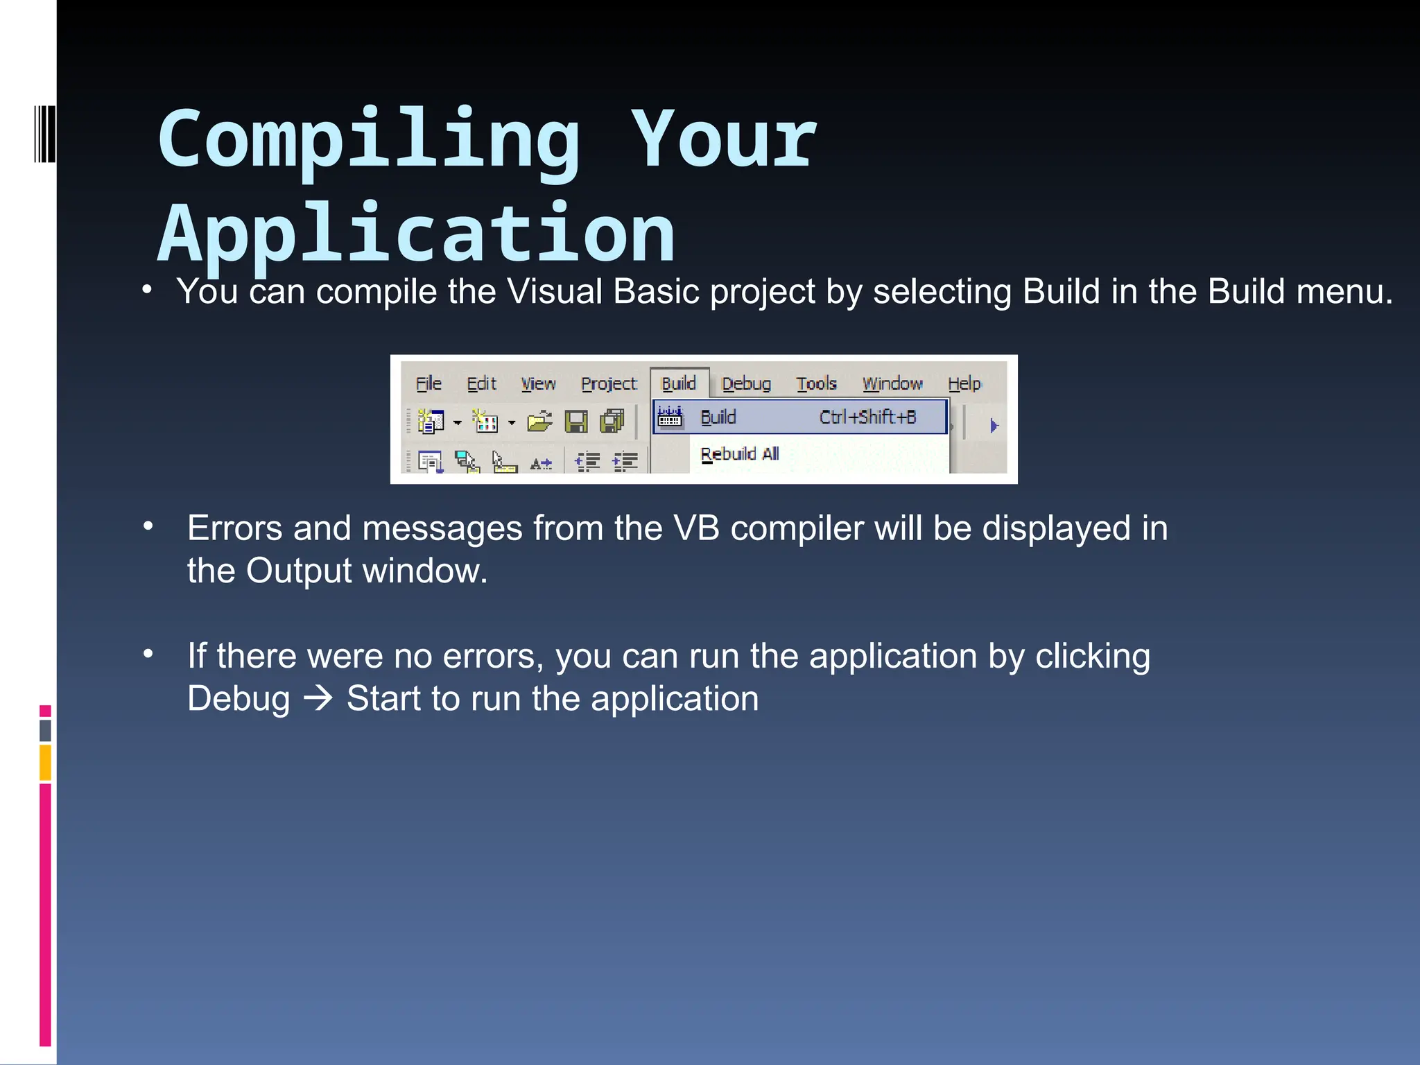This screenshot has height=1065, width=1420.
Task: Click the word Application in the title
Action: [416, 234]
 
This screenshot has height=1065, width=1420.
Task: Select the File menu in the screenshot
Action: [428, 383]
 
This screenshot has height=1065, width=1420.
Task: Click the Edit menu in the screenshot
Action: [481, 383]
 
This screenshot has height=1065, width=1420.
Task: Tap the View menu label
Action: [538, 383]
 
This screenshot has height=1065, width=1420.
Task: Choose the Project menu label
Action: [609, 383]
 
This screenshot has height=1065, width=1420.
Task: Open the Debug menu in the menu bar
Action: [746, 383]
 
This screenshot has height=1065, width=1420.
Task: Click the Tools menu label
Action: [816, 383]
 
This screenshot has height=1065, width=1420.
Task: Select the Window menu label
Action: [892, 383]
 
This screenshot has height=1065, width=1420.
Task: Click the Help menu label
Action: [964, 383]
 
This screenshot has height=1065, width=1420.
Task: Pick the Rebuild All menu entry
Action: [740, 454]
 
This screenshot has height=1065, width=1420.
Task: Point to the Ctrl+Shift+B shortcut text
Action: [867, 417]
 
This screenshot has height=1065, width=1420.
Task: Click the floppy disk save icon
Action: [575, 422]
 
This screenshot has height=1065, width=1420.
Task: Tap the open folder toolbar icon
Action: [539, 421]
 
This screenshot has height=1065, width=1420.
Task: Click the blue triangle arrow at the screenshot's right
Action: [994, 426]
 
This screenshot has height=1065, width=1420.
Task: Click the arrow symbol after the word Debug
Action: [319, 698]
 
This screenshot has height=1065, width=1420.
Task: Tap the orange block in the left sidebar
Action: [45, 762]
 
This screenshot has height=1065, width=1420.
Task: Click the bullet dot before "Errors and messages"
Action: [148, 527]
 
